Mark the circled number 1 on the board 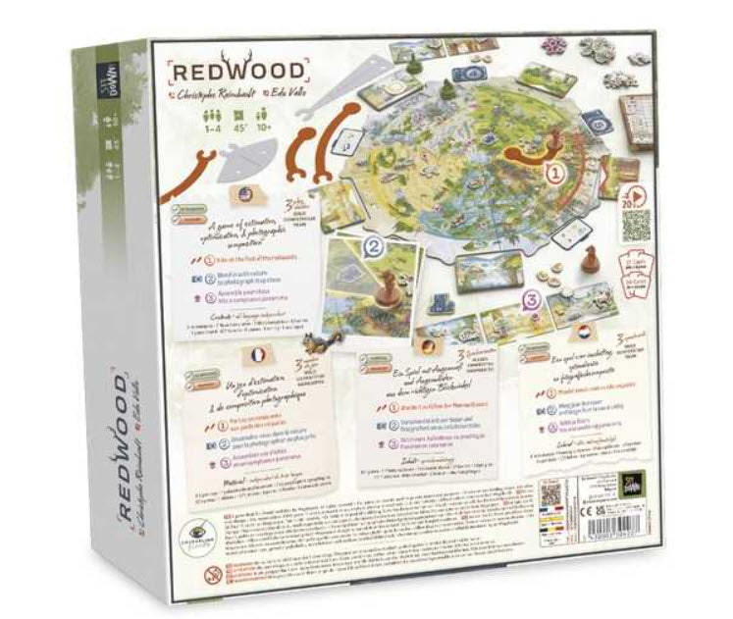555,173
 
